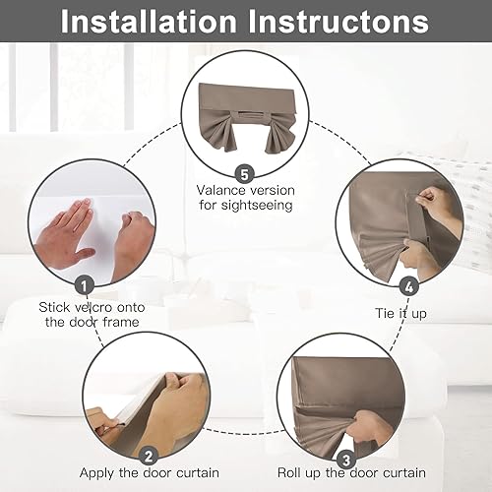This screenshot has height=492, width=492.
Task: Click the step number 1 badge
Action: [86, 283]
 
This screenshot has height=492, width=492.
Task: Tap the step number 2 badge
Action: [147, 456]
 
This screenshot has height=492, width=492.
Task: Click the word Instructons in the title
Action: [344, 22]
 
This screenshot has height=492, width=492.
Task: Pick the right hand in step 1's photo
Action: [132, 243]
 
